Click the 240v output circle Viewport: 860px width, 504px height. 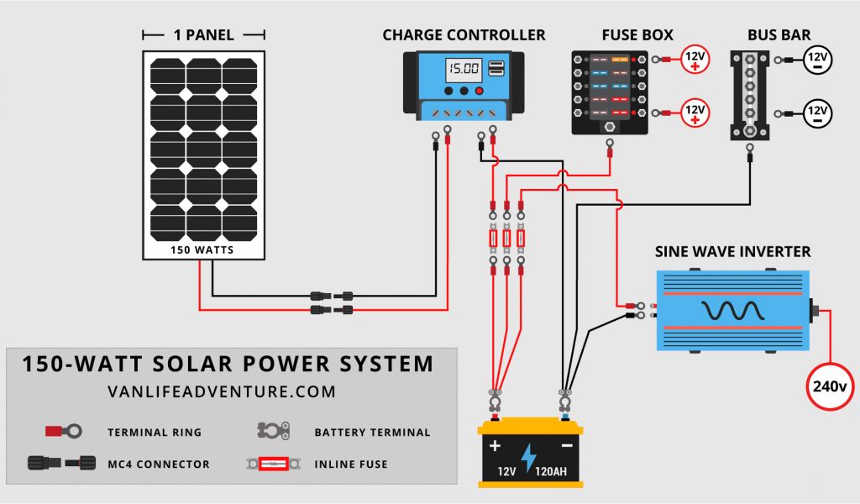tap(829, 386)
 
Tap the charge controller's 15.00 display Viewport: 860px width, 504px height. tap(464, 69)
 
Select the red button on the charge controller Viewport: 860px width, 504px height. tap(479, 91)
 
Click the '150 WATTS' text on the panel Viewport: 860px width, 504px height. tap(202, 250)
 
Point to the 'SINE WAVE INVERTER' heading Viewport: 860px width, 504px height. tap(732, 252)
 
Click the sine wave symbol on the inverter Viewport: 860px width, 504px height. tap(732, 311)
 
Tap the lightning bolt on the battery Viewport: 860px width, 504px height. tap(528, 456)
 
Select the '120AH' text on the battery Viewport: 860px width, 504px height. tap(551, 471)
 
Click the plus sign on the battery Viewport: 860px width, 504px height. tap(495, 445)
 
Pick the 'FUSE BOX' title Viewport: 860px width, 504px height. tap(637, 35)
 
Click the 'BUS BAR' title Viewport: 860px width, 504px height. tap(779, 35)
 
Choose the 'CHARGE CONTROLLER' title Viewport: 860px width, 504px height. tap(464, 35)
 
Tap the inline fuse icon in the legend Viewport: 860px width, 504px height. tap(273, 464)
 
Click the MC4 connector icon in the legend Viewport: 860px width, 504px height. tap(61, 463)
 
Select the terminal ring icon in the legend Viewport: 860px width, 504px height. tap(64, 431)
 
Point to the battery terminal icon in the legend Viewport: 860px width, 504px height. tap(273, 431)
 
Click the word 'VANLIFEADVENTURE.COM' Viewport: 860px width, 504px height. tap(222, 392)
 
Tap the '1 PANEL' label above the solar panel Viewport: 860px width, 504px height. tap(203, 35)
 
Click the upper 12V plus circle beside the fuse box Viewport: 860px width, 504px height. tap(695, 60)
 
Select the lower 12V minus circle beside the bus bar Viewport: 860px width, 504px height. tap(817, 113)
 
